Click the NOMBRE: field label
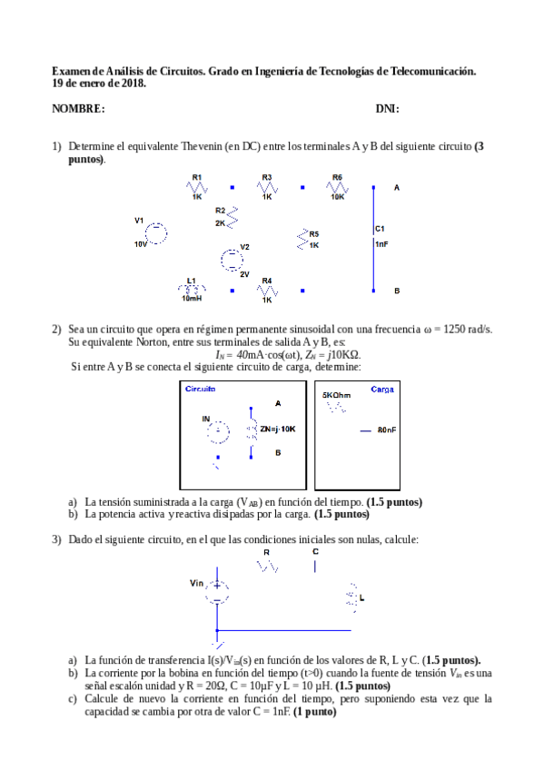pos(78,109)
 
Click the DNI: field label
pos(387,109)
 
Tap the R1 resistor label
pos(197,177)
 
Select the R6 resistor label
pos(337,177)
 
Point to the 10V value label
pos(141,244)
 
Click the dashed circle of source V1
pos(157,233)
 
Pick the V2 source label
pos(244,247)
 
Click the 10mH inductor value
pos(192,298)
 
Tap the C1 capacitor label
pos(380,229)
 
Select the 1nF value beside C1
pos(381,243)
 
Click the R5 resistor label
pos(314,233)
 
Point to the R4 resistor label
pos(267,280)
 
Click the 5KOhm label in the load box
pos(337,396)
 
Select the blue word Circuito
pos(200,389)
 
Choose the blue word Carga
pos(382,389)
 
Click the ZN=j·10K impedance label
pos(278,428)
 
